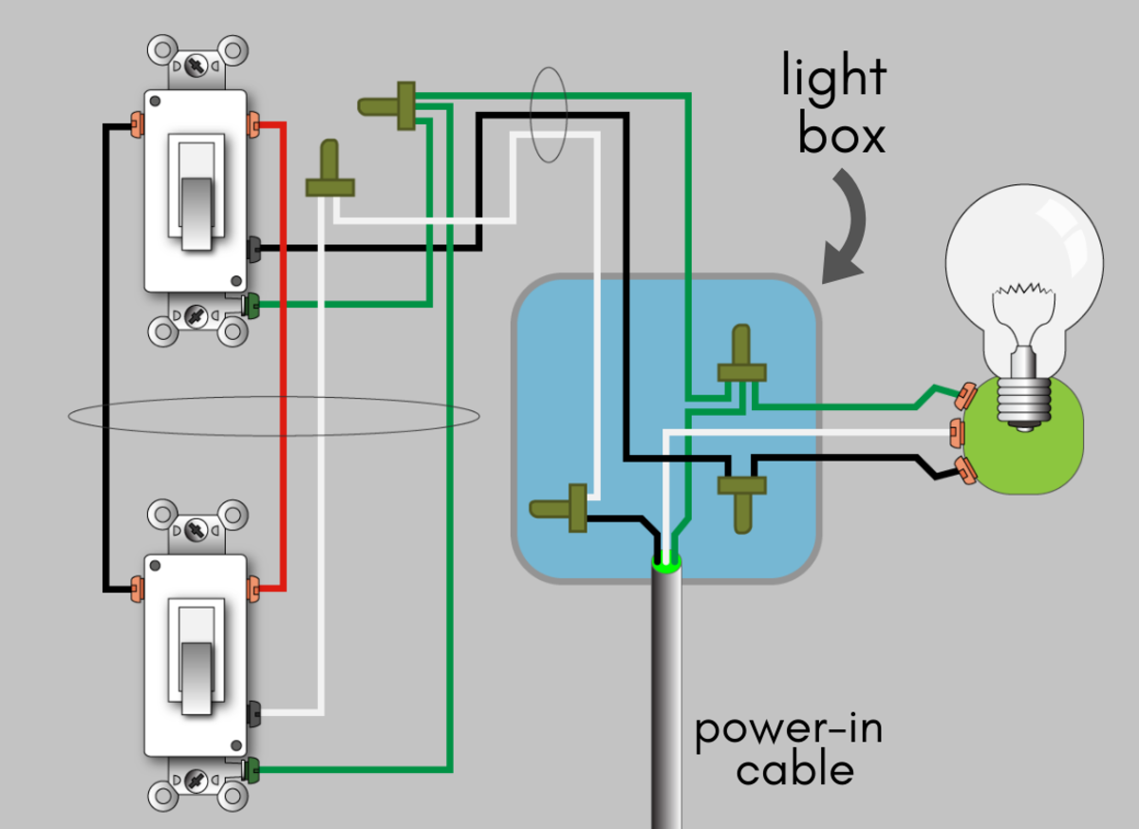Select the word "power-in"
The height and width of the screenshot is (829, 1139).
[x=789, y=730]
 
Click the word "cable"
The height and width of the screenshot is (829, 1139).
[x=795, y=769]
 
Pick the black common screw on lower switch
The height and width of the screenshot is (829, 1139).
[x=252, y=713]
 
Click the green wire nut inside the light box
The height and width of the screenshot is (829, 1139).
[x=741, y=361]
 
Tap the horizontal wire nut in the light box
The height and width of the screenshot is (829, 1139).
[x=562, y=507]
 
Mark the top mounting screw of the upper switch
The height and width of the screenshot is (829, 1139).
[x=197, y=66]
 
